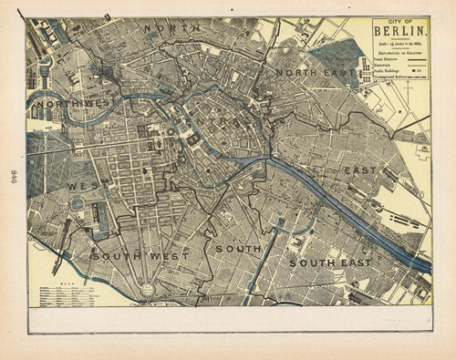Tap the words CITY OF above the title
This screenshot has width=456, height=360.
tap(400, 22)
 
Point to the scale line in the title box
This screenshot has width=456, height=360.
tap(400, 44)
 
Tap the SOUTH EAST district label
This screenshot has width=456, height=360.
tap(330, 262)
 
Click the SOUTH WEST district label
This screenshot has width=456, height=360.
tap(139, 256)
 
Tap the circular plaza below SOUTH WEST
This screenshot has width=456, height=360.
tap(146, 290)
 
